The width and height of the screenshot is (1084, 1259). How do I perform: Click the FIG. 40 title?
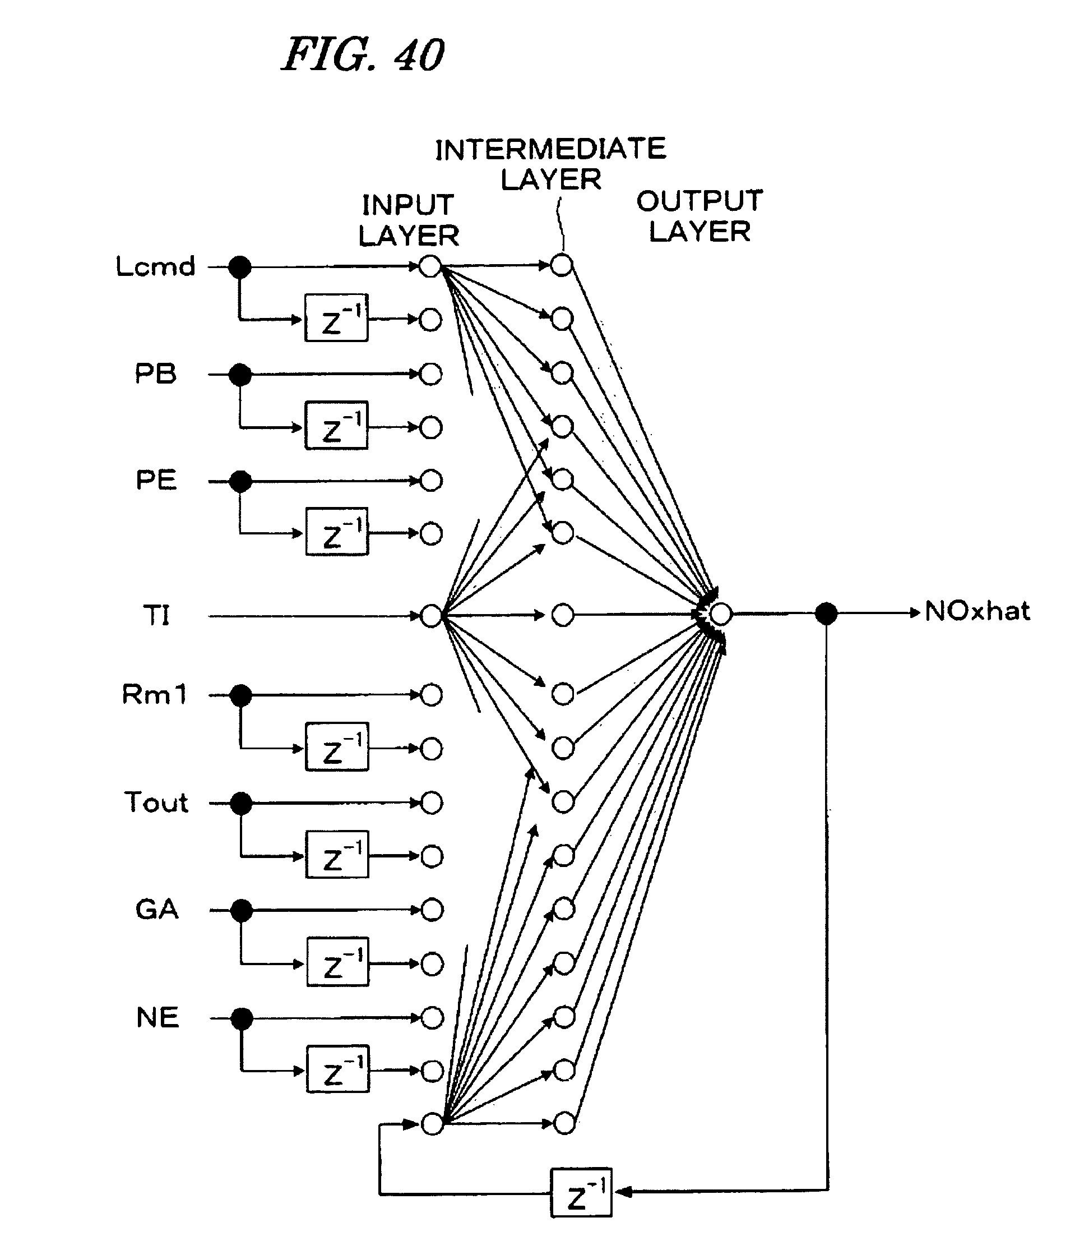(363, 55)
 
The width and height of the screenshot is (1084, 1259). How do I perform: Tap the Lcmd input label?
(155, 266)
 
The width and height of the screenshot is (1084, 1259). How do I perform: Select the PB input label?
(155, 373)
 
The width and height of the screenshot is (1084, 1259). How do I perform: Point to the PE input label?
(156, 480)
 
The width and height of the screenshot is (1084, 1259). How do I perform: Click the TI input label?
(156, 615)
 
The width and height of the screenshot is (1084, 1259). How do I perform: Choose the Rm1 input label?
(154, 694)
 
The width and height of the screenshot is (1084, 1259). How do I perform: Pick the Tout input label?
(156, 802)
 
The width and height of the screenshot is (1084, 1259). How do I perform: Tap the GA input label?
(157, 910)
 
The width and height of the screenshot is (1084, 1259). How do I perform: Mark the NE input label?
(158, 1017)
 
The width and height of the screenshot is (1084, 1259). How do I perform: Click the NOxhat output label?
(977, 611)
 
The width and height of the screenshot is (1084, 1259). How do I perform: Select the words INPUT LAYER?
(409, 220)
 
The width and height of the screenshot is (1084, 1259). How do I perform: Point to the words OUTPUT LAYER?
(699, 216)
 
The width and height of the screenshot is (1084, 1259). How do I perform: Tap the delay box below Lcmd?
(336, 318)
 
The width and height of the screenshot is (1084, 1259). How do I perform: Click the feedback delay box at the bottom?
(581, 1192)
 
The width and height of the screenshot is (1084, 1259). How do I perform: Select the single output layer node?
(720, 614)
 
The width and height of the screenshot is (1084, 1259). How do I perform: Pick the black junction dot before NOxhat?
(826, 614)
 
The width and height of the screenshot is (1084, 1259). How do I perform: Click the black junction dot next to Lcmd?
(239, 266)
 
